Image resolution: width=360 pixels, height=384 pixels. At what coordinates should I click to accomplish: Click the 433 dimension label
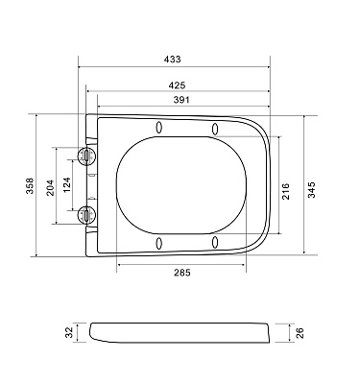pyautogui.click(x=173, y=60)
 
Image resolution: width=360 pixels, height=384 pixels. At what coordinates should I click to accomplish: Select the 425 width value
pyautogui.click(x=177, y=85)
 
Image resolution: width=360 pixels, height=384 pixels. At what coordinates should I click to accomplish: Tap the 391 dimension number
pyautogui.click(x=181, y=100)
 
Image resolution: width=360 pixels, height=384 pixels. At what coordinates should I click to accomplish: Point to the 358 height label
pyautogui.click(x=30, y=185)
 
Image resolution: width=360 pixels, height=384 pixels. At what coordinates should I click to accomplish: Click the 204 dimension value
pyautogui.click(x=51, y=188)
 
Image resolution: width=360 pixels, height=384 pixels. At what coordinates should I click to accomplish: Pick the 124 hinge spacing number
pyautogui.click(x=67, y=184)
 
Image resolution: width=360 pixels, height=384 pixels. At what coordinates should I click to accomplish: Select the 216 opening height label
pyautogui.click(x=285, y=191)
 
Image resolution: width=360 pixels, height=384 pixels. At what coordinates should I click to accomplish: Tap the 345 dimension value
pyautogui.click(x=312, y=190)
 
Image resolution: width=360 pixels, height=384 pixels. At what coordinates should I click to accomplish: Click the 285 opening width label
pyautogui.click(x=182, y=273)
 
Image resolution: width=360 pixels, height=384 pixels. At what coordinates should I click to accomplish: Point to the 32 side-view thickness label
pyautogui.click(x=69, y=333)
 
